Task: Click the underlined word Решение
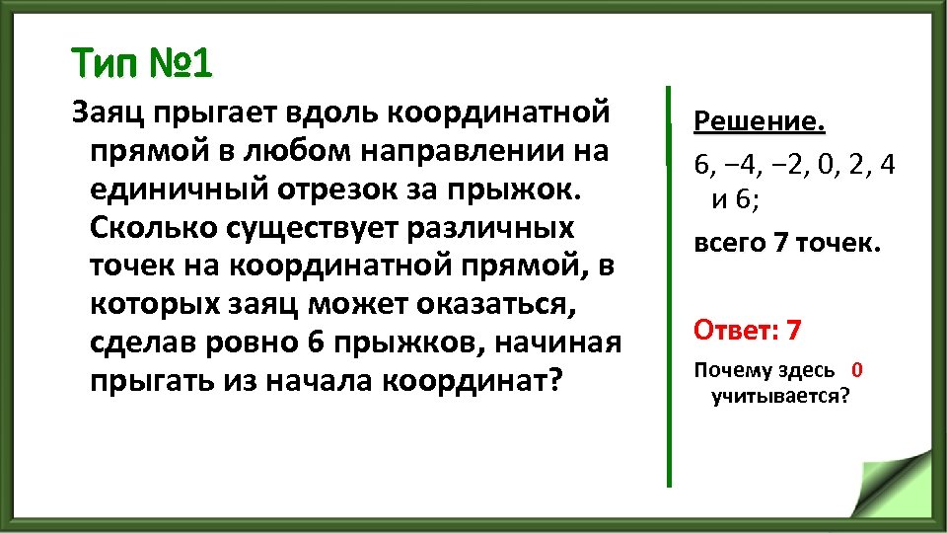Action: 759,122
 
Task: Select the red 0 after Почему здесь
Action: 856,370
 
